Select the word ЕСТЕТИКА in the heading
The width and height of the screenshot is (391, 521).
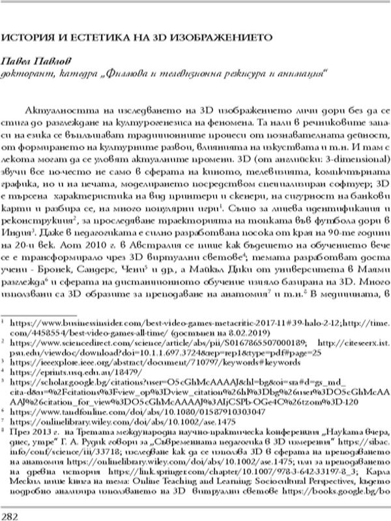pyautogui.click(x=88, y=38)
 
